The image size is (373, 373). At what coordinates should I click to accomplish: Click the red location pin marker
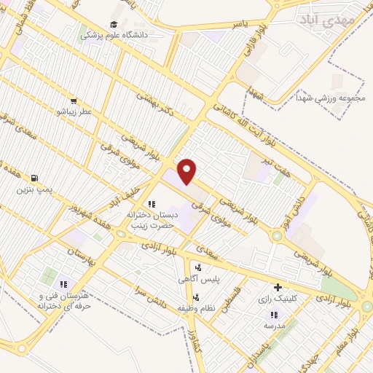tap(187, 170)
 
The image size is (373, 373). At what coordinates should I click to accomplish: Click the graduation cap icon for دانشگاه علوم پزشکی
tap(115, 24)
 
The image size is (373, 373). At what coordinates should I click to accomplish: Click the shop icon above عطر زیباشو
tap(74, 101)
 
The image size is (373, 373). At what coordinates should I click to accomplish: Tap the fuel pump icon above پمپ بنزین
tap(34, 178)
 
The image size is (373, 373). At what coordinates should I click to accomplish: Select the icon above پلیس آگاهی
tap(199, 267)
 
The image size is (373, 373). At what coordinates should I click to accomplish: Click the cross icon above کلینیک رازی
tap(278, 287)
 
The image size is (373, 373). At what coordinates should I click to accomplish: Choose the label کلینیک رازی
tap(278, 299)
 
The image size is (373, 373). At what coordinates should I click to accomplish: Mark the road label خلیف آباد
tap(128, 188)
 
